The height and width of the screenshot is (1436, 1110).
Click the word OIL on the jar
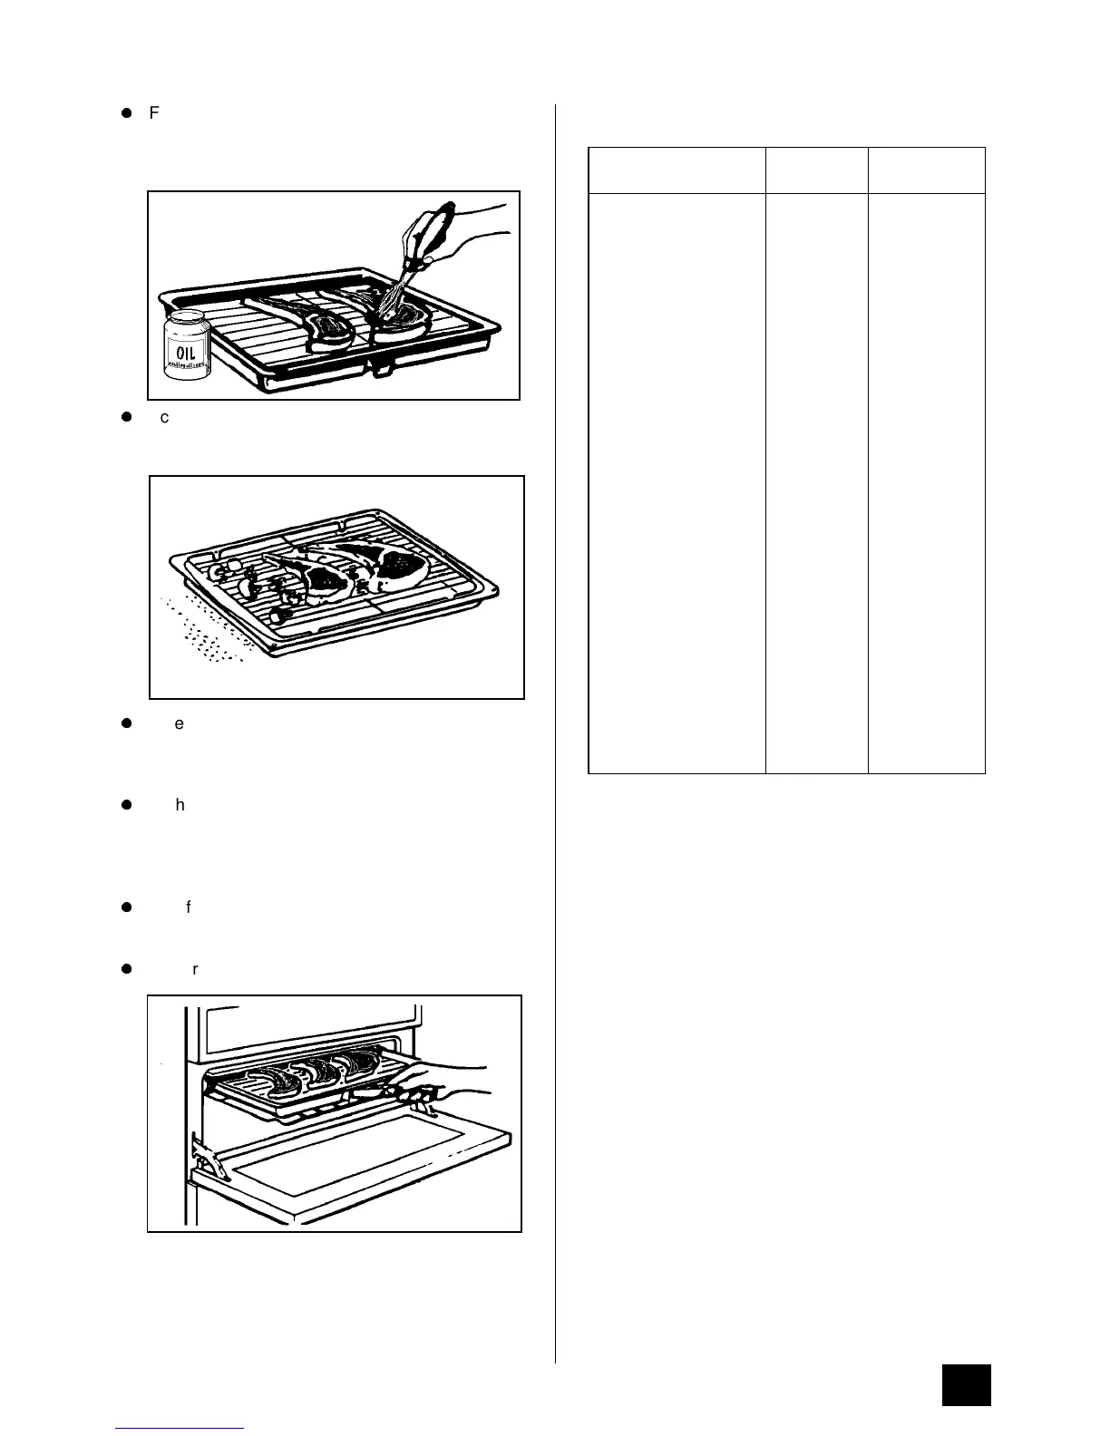click(x=185, y=349)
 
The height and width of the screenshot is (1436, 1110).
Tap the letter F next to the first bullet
click(x=153, y=113)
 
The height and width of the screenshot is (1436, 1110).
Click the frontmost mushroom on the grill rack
click(x=282, y=616)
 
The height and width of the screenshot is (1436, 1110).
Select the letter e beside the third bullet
click(x=179, y=723)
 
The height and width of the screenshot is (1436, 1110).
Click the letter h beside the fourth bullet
click(x=180, y=804)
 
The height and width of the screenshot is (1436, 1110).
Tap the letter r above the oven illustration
click(x=194, y=968)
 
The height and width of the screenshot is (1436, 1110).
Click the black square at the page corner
click(x=966, y=1384)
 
